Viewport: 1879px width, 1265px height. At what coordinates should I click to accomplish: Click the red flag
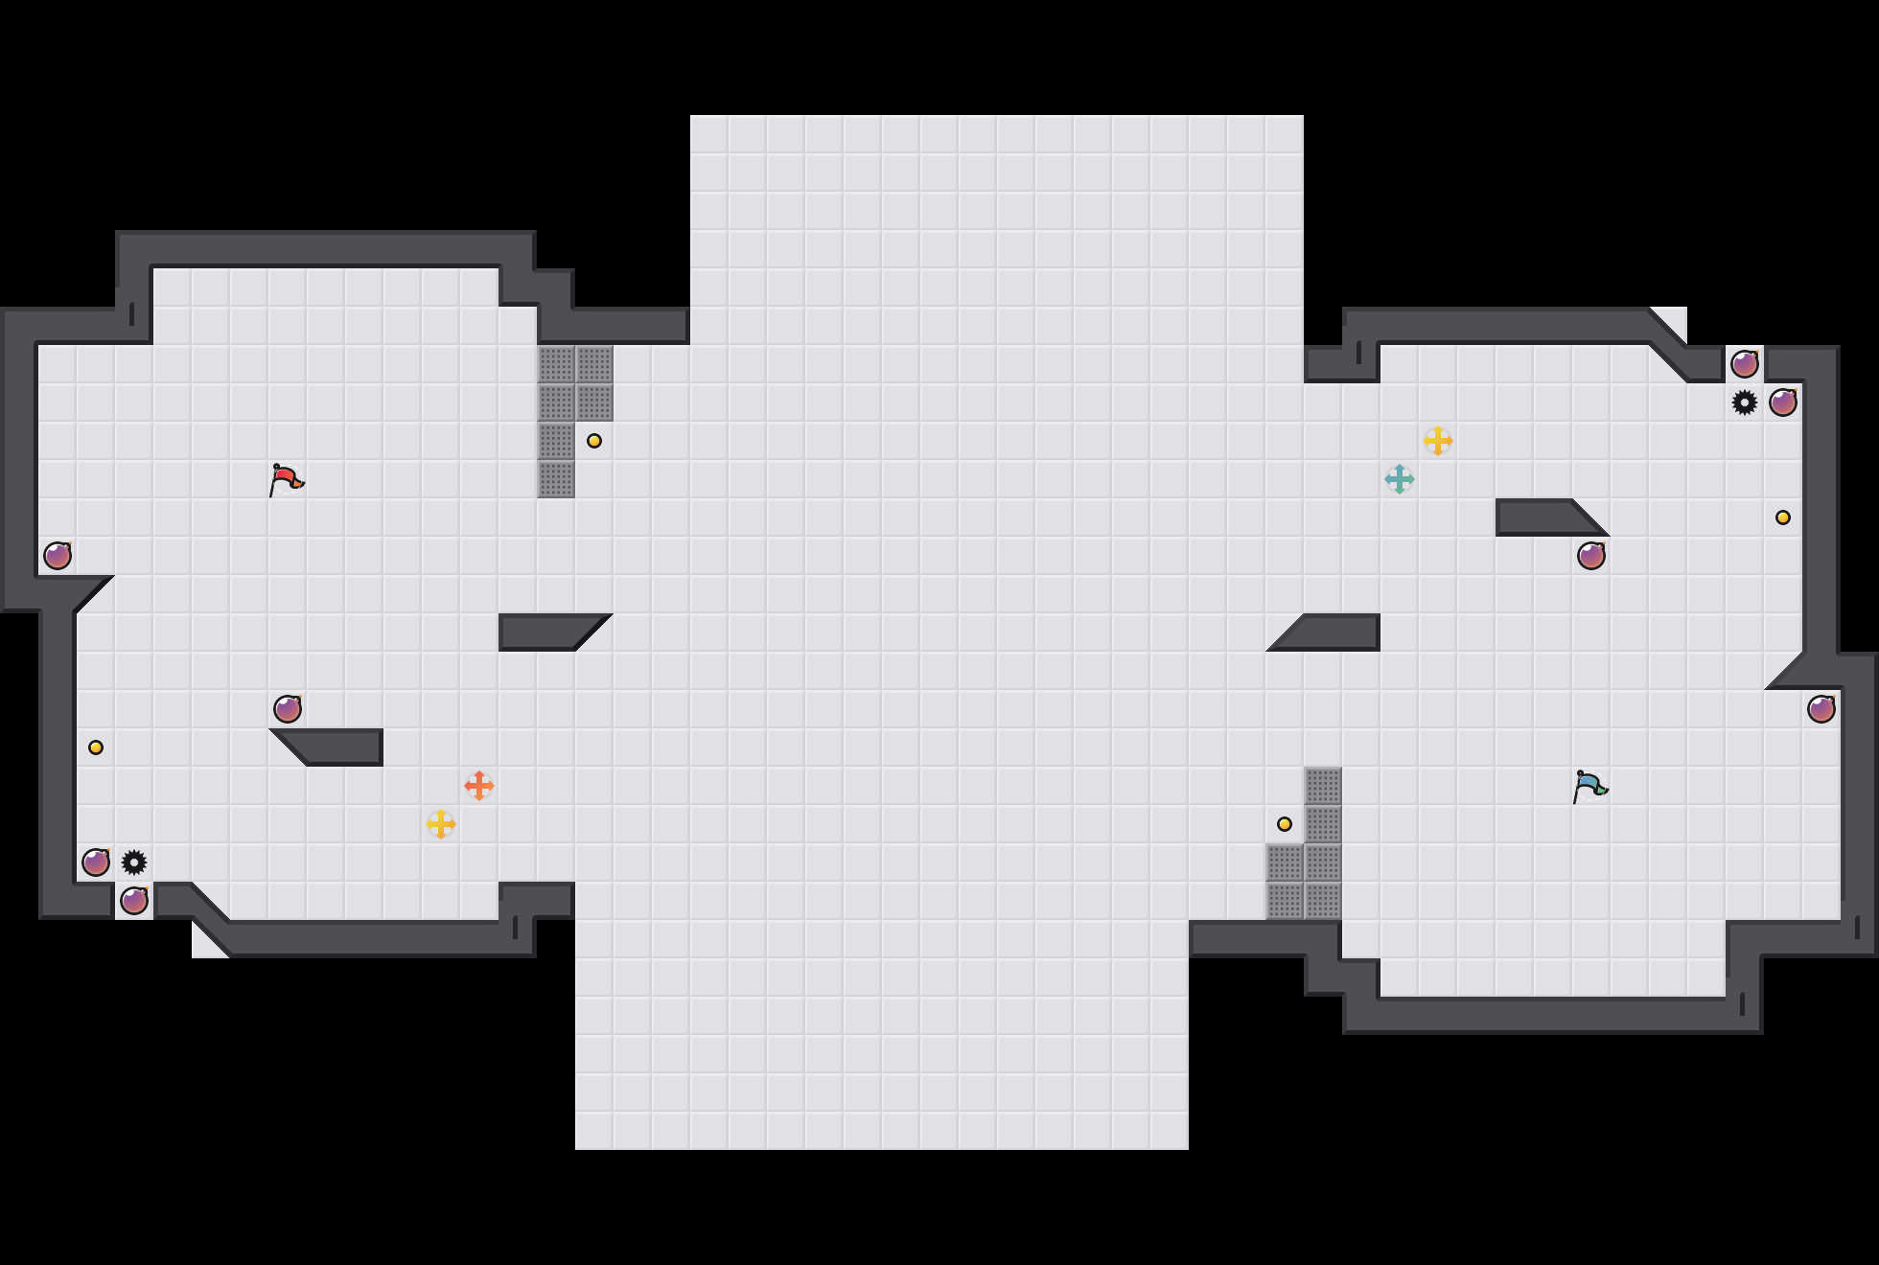click(x=286, y=478)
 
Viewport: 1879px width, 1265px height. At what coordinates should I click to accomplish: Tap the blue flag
click(x=1589, y=785)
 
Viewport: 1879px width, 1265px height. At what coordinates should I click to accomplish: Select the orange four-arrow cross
click(x=479, y=786)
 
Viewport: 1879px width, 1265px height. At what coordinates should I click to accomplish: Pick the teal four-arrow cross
click(x=1400, y=479)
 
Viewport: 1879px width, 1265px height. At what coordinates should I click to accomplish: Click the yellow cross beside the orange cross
click(x=441, y=824)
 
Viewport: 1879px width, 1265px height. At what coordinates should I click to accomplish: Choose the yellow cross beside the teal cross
click(x=1438, y=441)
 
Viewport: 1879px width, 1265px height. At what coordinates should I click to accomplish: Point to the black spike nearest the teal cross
click(x=1745, y=402)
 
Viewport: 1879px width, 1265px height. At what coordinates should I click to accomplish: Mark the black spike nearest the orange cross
click(x=134, y=862)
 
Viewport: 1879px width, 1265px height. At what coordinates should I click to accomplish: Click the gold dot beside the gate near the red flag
click(x=594, y=441)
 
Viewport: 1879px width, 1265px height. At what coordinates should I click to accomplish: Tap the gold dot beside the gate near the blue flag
click(x=1285, y=824)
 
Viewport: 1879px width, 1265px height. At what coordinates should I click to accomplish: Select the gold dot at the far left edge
click(x=96, y=747)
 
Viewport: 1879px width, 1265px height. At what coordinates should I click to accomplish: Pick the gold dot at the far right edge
click(x=1783, y=517)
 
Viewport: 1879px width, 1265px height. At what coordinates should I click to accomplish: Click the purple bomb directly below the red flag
click(x=288, y=709)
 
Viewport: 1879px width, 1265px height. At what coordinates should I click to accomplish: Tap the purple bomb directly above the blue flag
click(x=1591, y=556)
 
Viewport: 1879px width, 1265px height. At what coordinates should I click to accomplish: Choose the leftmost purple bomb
click(x=58, y=556)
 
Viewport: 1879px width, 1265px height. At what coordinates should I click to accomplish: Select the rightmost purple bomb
click(x=1821, y=709)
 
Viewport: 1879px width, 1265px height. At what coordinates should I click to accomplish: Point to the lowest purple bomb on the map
click(x=134, y=901)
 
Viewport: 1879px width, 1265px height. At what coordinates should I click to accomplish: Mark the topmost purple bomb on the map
click(x=1745, y=364)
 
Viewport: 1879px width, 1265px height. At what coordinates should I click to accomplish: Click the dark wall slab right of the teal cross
click(x=1543, y=517)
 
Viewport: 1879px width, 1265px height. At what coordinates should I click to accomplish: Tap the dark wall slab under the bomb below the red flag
click(x=336, y=747)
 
